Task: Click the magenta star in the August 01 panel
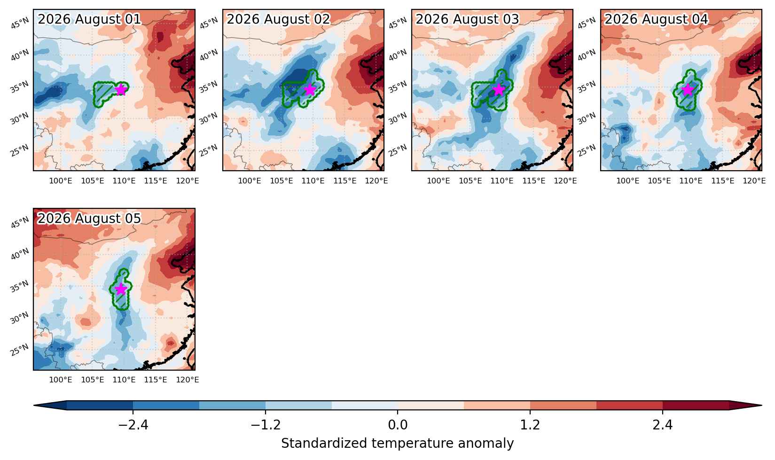click(121, 90)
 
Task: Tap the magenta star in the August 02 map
click(310, 90)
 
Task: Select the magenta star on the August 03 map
click(499, 90)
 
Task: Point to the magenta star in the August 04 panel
click(688, 90)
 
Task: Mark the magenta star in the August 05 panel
click(121, 289)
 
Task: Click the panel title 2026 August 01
click(89, 19)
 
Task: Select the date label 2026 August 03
click(467, 19)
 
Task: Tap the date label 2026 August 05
click(89, 218)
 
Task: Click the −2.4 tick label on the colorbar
click(133, 424)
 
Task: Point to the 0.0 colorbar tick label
click(398, 424)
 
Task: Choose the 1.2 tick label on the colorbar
click(530, 424)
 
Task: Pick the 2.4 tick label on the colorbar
click(663, 424)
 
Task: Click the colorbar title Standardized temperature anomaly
click(398, 444)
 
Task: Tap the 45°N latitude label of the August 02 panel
click(209, 23)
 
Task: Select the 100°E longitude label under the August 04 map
click(627, 181)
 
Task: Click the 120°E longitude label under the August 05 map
click(188, 380)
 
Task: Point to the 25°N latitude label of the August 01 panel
click(20, 150)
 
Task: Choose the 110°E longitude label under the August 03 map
click(502, 181)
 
